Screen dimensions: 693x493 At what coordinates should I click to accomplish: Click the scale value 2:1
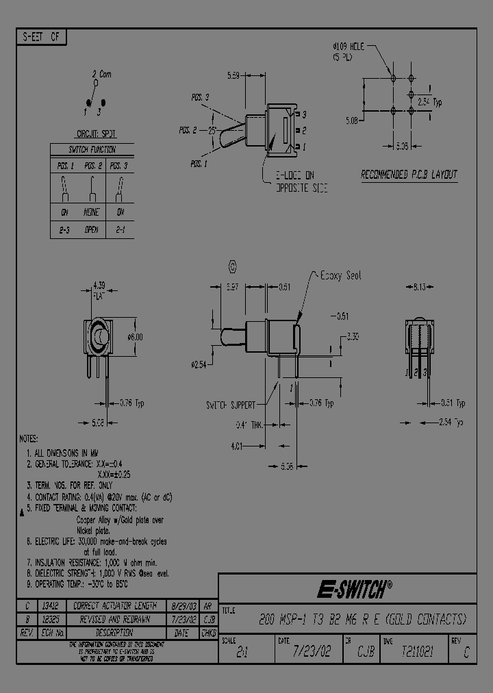tap(242, 653)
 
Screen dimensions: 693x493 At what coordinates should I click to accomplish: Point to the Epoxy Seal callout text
tap(340, 275)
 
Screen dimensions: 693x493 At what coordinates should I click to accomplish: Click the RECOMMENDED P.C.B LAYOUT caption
tap(409, 175)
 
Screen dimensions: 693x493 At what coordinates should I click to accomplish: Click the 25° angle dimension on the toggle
tap(212, 129)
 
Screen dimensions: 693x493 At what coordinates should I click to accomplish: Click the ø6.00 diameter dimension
tap(136, 337)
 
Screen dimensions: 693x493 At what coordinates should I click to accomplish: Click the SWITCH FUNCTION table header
tap(92, 149)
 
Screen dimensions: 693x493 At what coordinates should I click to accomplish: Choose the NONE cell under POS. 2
tap(92, 212)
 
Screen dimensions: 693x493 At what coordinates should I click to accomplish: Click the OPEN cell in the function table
tap(92, 230)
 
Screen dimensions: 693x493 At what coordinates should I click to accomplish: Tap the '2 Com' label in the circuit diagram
tap(101, 73)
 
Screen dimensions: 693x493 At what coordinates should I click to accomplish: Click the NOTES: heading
tap(31, 438)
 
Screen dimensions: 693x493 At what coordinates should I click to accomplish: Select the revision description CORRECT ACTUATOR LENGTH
tap(115, 606)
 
